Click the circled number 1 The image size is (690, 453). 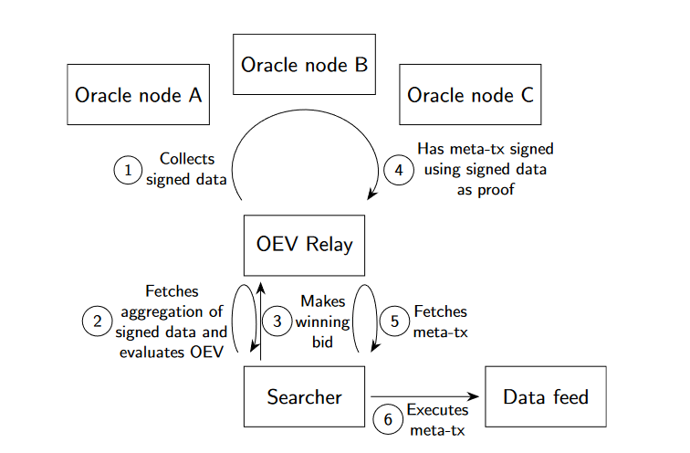[x=128, y=170]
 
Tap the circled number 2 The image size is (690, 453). [x=97, y=321]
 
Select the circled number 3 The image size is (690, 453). [x=277, y=321]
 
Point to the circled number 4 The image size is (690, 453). [x=399, y=170]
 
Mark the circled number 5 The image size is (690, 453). [x=394, y=321]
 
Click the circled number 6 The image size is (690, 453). [x=388, y=419]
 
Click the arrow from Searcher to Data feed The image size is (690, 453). [x=424, y=396]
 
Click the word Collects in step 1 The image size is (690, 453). [x=187, y=159]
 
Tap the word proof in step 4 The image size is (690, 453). [x=496, y=190]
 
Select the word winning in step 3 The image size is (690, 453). [x=322, y=322]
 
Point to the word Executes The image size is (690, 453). [x=437, y=410]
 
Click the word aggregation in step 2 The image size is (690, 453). [x=172, y=312]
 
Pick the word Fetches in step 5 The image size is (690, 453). [x=441, y=311]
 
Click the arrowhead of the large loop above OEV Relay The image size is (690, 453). [x=371, y=195]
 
